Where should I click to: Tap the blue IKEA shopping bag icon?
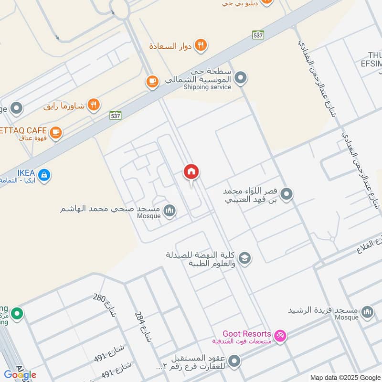[44, 175]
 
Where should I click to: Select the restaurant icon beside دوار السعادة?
[202, 45]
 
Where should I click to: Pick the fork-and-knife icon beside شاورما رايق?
[94, 105]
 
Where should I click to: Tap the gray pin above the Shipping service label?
[241, 77]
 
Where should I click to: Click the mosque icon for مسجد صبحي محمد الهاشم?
[169, 210]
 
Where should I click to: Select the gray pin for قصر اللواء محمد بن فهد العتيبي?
[286, 194]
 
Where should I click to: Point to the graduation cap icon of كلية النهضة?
[244, 258]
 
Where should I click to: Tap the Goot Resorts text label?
[247, 334]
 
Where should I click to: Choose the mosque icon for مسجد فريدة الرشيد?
[367, 312]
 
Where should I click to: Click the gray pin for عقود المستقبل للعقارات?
[234, 361]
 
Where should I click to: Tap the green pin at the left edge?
[18, 314]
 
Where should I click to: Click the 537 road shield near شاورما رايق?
[115, 116]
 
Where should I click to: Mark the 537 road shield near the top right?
[258, 35]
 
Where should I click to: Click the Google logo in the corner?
[20, 375]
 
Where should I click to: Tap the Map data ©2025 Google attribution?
[346, 377]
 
